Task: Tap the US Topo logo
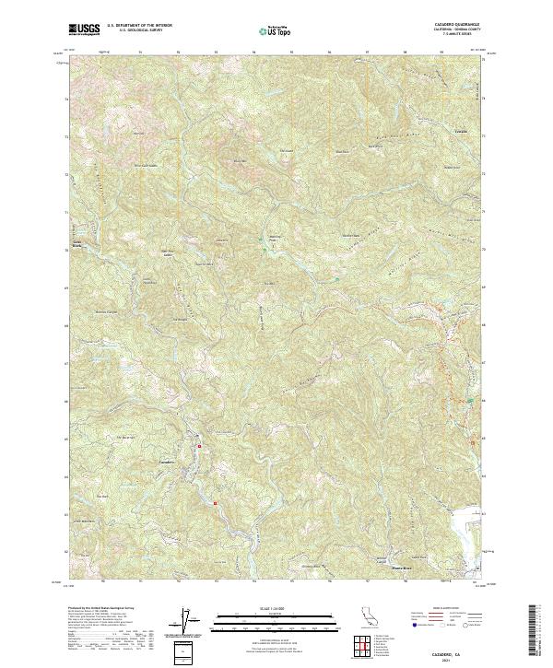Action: click(268, 30)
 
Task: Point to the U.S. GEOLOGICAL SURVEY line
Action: click(138, 30)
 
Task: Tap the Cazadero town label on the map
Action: click(167, 460)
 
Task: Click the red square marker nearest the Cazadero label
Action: click(200, 446)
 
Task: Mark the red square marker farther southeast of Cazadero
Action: click(215, 503)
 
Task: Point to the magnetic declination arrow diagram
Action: click(186, 622)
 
